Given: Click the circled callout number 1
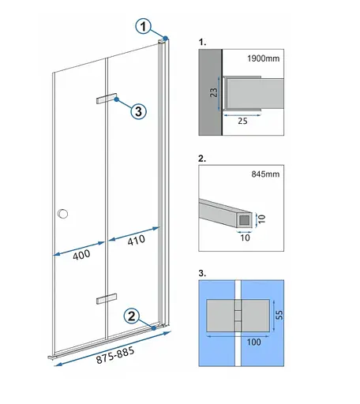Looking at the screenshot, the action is click(143, 26).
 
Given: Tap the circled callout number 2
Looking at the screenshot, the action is click(132, 316).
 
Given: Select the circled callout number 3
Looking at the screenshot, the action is click(138, 111).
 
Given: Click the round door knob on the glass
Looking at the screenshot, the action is click(62, 214).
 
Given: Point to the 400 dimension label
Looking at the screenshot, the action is click(81, 255).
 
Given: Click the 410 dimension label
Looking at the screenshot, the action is click(136, 240).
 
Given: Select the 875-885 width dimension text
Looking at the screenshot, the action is click(115, 355).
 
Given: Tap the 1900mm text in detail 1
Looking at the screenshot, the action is click(264, 58).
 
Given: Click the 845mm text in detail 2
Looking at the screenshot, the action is click(265, 174).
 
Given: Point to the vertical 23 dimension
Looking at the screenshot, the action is click(214, 92).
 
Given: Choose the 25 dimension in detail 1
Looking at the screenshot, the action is click(242, 121).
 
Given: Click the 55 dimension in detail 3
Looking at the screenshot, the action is click(279, 315).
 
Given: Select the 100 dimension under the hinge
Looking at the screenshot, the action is click(253, 342).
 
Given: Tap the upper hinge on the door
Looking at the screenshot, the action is click(107, 99).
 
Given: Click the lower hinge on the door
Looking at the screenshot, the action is click(107, 298).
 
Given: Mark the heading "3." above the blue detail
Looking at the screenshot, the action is click(202, 273).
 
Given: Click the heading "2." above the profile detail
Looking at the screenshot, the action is click(202, 159).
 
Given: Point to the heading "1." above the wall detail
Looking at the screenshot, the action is click(202, 42).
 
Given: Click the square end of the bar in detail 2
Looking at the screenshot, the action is click(244, 220).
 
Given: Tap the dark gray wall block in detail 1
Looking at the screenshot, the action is click(210, 92).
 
